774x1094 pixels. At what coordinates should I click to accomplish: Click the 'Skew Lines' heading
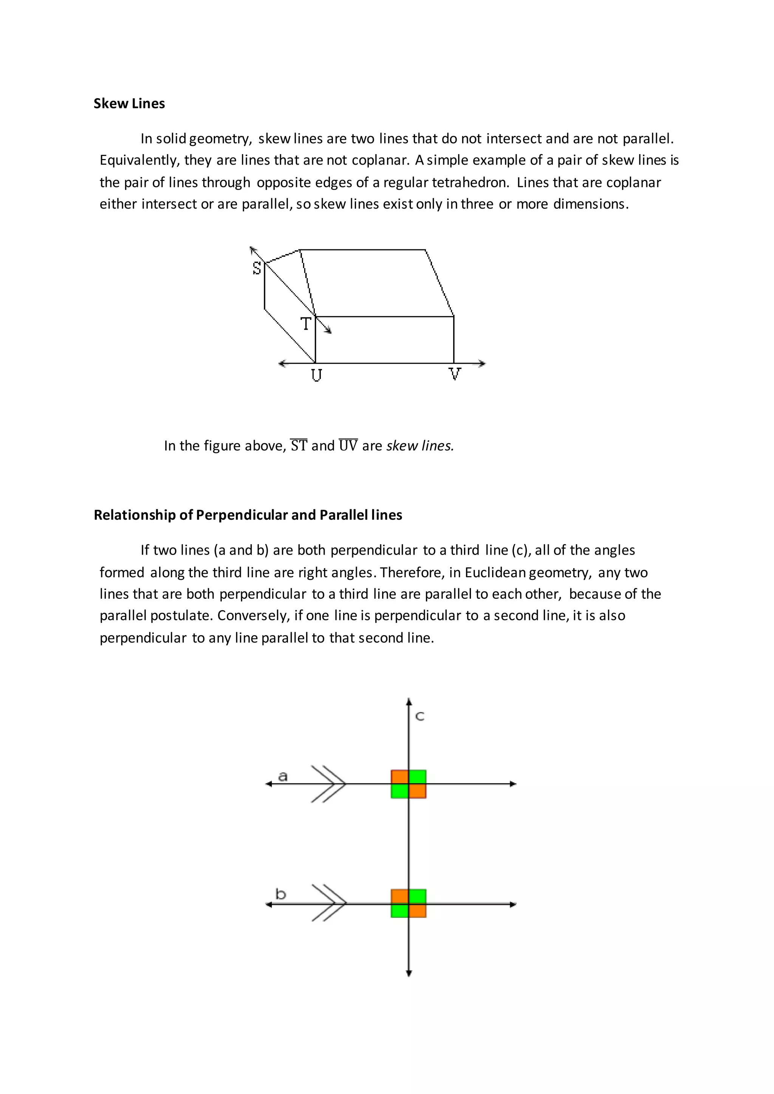[129, 104]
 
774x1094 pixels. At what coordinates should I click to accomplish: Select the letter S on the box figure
[257, 269]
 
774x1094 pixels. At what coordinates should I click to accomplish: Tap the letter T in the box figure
[305, 324]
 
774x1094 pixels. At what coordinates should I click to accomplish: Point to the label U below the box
[316, 375]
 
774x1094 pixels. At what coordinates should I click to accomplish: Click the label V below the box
[455, 374]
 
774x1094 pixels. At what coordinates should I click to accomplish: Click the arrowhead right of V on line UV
[482, 363]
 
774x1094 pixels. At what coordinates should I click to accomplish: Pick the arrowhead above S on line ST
[252, 249]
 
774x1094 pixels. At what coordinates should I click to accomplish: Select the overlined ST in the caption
[299, 445]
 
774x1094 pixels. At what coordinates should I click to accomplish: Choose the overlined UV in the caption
[348, 445]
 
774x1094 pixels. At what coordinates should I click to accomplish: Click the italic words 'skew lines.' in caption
[420, 445]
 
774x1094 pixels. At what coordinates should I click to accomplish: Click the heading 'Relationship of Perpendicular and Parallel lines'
[248, 515]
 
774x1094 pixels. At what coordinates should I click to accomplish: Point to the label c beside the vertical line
[420, 716]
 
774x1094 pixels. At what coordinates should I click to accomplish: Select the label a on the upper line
[283, 777]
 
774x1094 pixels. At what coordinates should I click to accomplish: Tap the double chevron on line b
[329, 903]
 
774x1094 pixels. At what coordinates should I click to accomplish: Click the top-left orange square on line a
[400, 777]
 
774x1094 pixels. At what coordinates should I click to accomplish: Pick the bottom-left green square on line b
[400, 910]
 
